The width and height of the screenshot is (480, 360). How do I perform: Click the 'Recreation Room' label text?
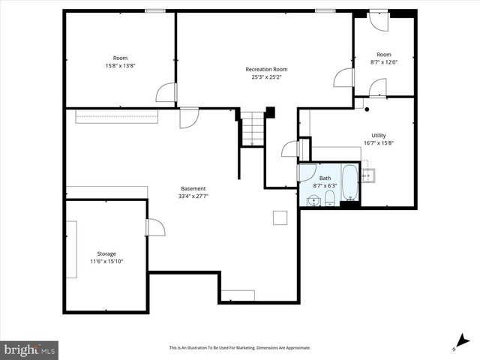[266, 69]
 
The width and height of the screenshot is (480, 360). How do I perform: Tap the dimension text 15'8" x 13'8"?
[120, 65]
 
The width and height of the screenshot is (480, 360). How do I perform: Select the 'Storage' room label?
[106, 253]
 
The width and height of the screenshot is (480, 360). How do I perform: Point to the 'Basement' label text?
[193, 188]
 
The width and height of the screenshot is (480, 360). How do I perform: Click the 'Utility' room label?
[379, 135]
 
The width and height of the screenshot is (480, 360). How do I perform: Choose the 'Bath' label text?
[325, 178]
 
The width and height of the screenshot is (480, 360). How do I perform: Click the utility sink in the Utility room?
[368, 175]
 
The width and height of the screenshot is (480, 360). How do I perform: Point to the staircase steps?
[253, 129]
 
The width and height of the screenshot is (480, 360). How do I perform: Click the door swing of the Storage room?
[156, 226]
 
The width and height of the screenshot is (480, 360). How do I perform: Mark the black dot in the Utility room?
[367, 110]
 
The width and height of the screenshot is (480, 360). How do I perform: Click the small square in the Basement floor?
[279, 217]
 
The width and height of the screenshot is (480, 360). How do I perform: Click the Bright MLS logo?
[30, 349]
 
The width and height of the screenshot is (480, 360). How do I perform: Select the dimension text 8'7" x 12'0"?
[384, 62]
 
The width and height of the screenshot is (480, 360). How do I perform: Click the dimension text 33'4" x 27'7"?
[193, 196]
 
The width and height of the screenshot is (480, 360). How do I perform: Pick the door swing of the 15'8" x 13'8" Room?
[166, 92]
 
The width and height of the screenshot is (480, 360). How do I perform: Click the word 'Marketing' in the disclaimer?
[256, 348]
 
